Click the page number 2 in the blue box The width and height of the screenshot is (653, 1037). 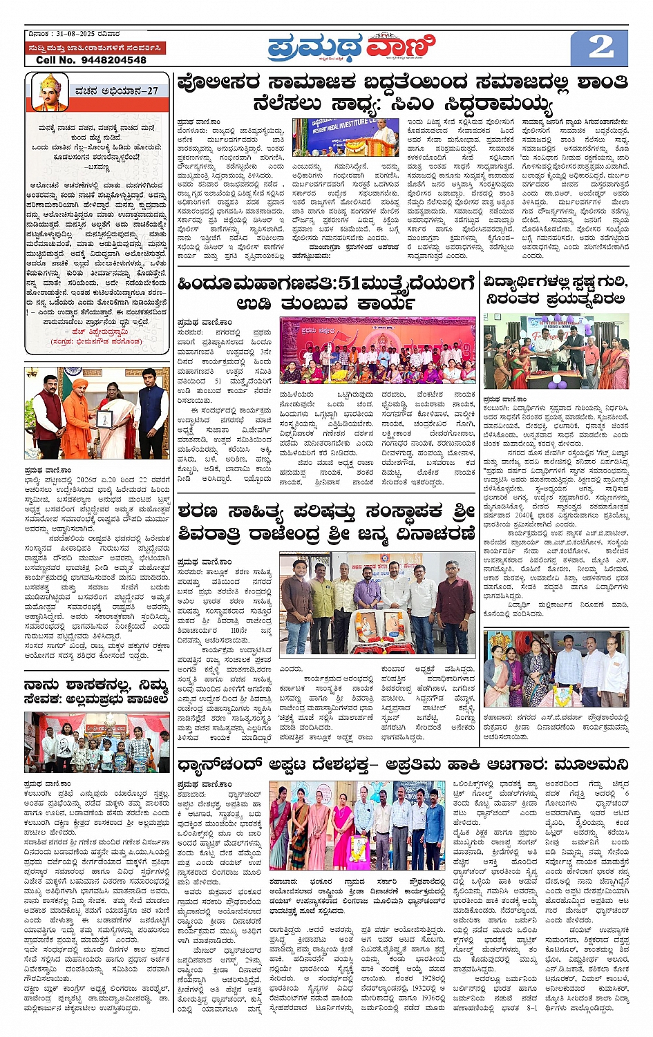[600, 47]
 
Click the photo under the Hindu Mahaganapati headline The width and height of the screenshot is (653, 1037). [377, 350]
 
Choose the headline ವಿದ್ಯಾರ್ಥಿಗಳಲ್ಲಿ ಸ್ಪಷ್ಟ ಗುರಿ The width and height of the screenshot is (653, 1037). [555, 283]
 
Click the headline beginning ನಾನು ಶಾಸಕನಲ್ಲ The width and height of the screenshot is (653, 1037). [96, 691]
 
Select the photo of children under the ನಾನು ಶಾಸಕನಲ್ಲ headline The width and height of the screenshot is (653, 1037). [97, 743]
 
